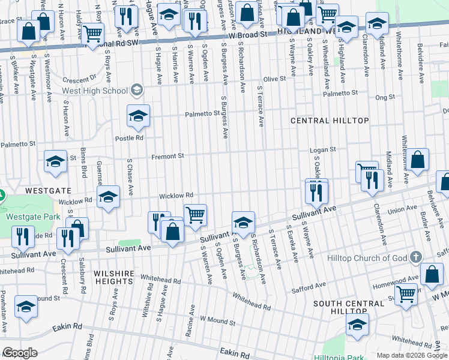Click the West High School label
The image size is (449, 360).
pos(95,91)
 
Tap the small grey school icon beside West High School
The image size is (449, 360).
pos(136,91)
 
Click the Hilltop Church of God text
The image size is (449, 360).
pos(367,258)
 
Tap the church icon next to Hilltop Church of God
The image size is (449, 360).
pos(415,258)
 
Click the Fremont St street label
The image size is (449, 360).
pos(167,156)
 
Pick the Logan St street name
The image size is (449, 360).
pos(322,149)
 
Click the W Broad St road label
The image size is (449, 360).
pos(247,36)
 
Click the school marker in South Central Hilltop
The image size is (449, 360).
pos(357,325)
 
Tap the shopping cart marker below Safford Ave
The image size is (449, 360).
pos(406,295)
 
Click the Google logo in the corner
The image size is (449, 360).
pos(20,353)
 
